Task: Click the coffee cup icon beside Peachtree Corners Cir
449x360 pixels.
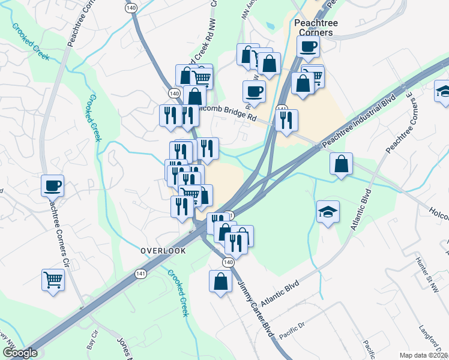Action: [x=52, y=185]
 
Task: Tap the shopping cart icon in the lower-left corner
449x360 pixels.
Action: [x=53, y=279]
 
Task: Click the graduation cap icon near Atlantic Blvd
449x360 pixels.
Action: [x=328, y=212]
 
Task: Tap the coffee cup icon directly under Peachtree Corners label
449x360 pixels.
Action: [x=308, y=47]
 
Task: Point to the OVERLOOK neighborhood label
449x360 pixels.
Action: [x=163, y=251]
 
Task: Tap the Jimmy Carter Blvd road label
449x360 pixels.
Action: [x=256, y=309]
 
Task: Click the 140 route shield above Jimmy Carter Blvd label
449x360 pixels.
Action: [x=228, y=263]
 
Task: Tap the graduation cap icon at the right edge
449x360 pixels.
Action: [x=443, y=92]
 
